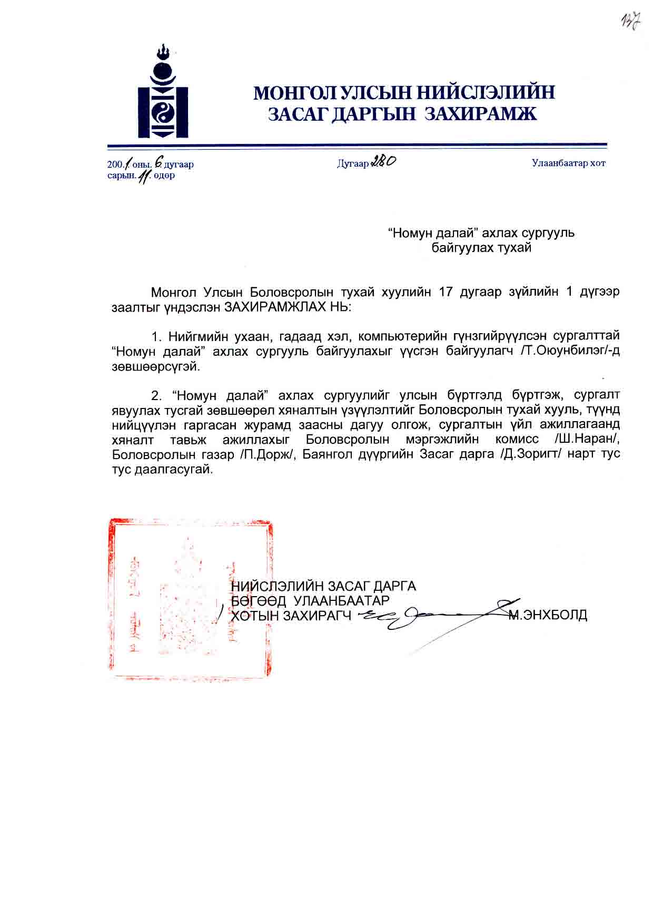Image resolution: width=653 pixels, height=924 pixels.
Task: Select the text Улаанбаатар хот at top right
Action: [568, 163]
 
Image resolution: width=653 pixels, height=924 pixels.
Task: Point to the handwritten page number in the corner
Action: [630, 21]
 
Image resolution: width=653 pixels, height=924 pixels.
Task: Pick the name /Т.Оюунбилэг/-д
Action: [569, 351]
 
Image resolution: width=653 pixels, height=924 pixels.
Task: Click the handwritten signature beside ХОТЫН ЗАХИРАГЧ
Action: [432, 617]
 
